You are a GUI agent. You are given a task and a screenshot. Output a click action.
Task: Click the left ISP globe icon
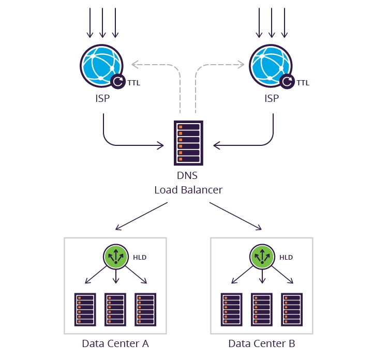pos(102,65)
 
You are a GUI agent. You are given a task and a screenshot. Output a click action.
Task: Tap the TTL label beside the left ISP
pos(133,83)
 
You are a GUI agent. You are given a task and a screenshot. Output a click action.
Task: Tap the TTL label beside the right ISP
pos(303,83)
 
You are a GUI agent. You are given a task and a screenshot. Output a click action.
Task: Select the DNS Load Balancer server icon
pos(188,143)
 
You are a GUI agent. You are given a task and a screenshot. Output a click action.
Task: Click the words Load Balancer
pos(188,190)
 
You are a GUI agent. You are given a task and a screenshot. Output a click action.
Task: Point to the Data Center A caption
pos(115,343)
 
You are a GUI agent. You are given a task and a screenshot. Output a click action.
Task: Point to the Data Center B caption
pos(262,343)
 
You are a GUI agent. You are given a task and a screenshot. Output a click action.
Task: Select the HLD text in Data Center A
pos(139,257)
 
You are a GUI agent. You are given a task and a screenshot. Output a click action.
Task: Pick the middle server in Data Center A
pos(115,310)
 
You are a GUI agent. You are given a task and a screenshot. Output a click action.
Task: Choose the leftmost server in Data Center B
pos(232,310)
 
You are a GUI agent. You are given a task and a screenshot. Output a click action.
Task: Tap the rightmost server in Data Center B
pos(292,310)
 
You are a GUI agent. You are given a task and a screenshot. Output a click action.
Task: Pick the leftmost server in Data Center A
pos(85,310)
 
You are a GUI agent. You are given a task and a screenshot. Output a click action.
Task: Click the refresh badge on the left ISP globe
pos(118,81)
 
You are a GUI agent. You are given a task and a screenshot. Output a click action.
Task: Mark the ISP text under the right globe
pos(271,98)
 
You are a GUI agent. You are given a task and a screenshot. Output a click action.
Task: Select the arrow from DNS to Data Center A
pos(141,216)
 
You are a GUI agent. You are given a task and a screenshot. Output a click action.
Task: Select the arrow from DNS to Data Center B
pos(235,216)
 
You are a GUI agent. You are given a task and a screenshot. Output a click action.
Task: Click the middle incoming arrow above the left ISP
pos(102,23)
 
